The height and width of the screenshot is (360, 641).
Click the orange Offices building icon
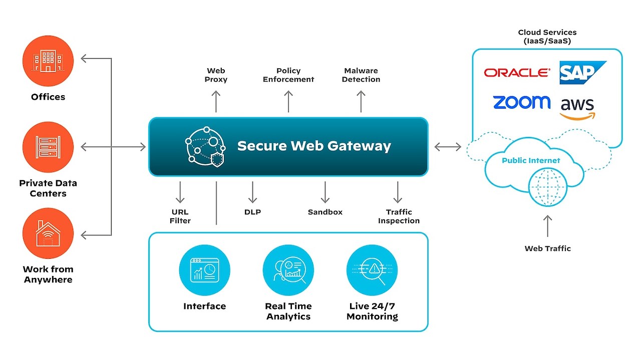pos(48,61)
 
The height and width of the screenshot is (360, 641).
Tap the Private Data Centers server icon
pos(48,147)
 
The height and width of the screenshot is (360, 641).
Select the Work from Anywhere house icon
pos(48,234)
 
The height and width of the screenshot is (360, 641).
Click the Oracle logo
pos(516,73)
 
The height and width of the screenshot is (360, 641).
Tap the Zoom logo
pos(521,102)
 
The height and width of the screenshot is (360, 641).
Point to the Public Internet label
pos(531,160)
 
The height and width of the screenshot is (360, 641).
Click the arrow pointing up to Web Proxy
pos(216,102)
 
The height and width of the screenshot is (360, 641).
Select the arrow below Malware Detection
pos(361,102)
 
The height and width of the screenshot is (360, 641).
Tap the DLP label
pos(252,212)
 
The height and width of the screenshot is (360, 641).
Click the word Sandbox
pos(325,212)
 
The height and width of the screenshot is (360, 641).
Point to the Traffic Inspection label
pos(399,216)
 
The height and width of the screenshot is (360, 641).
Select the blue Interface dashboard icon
pos(204,270)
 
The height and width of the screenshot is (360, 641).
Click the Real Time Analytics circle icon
pos(288,270)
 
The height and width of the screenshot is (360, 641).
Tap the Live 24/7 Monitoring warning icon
pos(372,270)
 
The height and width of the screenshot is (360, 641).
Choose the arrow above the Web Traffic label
pos(548,226)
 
